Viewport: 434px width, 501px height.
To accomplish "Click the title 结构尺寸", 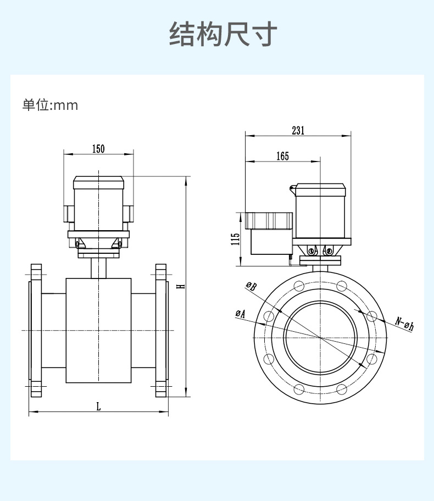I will tap(223, 35).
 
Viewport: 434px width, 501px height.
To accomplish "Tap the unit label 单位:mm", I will tap(50, 105).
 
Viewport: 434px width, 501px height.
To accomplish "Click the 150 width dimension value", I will tap(98, 148).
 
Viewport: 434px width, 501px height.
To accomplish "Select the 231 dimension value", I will tap(298, 130).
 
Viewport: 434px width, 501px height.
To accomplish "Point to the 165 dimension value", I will tap(282, 157).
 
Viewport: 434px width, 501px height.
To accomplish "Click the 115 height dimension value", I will tap(236, 239).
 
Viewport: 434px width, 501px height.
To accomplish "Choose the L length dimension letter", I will tap(98, 407).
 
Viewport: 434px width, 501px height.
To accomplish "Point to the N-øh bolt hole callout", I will tap(404, 324).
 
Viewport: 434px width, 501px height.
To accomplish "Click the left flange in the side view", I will tap(35, 330).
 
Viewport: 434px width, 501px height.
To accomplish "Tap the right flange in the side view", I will tap(161, 330).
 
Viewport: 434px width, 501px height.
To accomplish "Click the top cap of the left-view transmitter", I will tap(98, 182).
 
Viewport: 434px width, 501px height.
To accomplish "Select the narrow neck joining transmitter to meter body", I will tap(98, 268).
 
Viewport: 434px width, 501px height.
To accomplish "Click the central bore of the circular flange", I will tap(320, 337).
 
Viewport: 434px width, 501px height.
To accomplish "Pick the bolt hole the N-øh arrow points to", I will tap(371, 316).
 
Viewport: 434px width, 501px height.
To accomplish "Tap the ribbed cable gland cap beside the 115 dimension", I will tap(269, 221).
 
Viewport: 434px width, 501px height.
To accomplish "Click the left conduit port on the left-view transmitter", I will tap(68, 214).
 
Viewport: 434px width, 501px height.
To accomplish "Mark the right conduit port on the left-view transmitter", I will tap(129, 214).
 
